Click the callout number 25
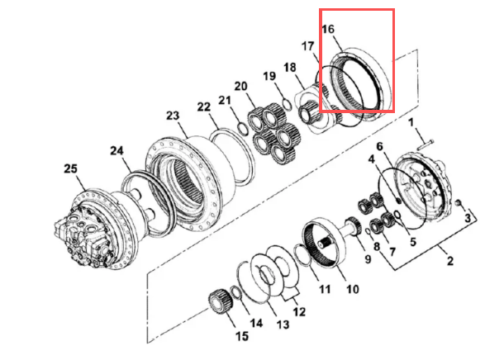[71, 168]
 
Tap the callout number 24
[116, 150]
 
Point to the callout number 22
[204, 107]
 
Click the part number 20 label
[240, 86]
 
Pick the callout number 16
[328, 29]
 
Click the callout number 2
[450, 262]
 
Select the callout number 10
[352, 290]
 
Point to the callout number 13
[283, 325]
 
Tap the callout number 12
[298, 312]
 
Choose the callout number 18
[290, 67]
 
